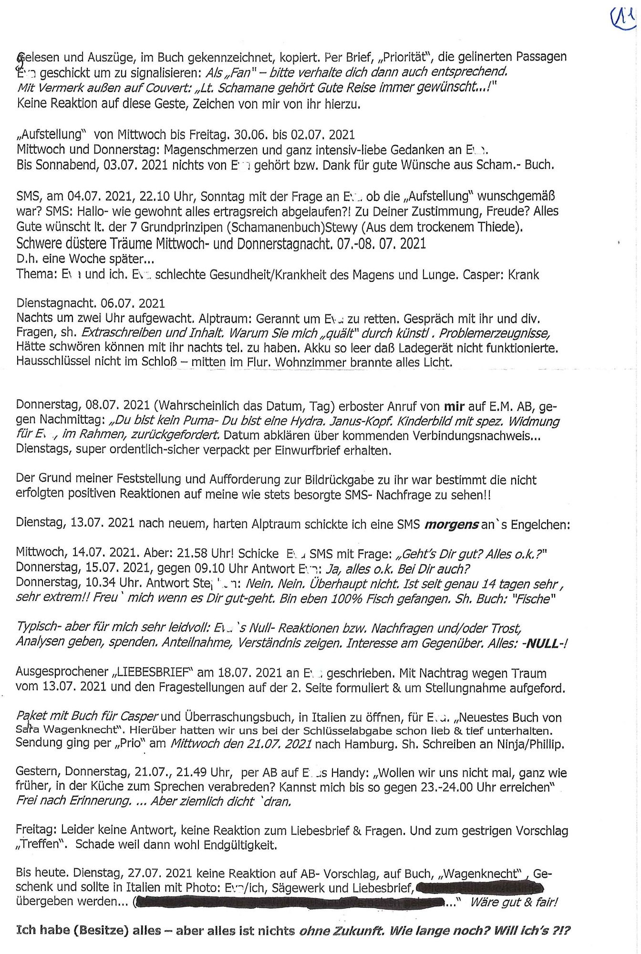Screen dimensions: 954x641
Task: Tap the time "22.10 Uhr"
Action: point(168,197)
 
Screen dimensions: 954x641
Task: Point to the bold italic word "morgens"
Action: point(451,524)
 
